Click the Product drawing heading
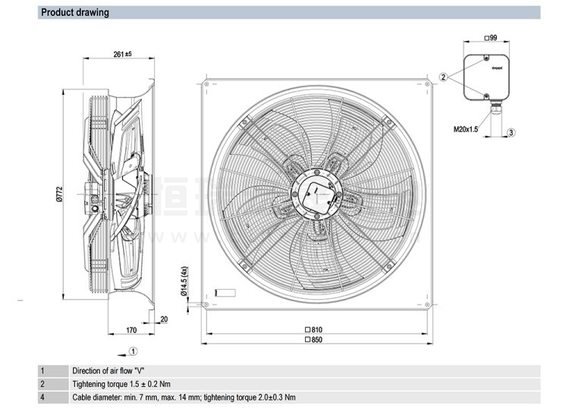(x=74, y=12)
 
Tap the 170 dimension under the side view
(x=130, y=331)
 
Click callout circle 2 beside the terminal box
(x=443, y=77)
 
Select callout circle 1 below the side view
(x=133, y=351)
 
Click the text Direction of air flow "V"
(x=108, y=370)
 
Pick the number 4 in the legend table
(x=42, y=398)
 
